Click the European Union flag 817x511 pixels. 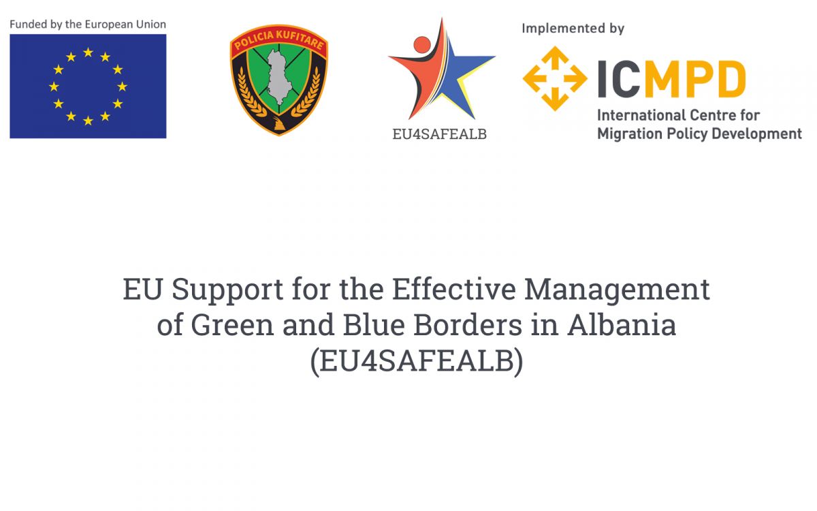(88, 87)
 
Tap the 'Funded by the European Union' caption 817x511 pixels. (88, 25)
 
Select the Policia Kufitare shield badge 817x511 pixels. (278, 80)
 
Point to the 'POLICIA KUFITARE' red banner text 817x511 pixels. (278, 42)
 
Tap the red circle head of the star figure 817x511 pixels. (422, 45)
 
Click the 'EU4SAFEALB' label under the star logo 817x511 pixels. (440, 134)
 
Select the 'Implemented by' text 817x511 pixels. (573, 29)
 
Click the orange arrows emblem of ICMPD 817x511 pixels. (555, 78)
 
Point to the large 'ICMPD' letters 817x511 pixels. (671, 79)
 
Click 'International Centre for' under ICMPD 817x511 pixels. (678, 115)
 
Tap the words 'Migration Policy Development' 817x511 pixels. (699, 134)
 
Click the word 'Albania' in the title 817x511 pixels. (622, 325)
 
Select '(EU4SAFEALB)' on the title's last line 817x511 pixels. (417, 362)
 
